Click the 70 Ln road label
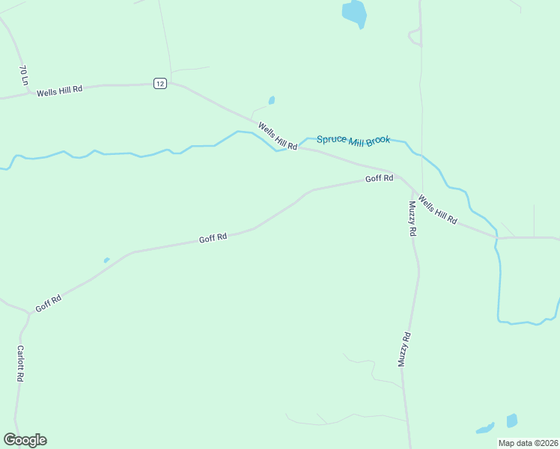[x=24, y=76]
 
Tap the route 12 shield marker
[x=159, y=83]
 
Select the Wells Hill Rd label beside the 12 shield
[x=59, y=90]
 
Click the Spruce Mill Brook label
[x=353, y=140]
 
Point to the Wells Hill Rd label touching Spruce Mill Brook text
[x=278, y=137]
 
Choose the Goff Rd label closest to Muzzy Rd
[x=379, y=179]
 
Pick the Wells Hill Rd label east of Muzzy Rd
[x=437, y=210]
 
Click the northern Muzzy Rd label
[x=412, y=219]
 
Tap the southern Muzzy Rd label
[x=404, y=349]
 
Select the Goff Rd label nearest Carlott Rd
[x=48, y=303]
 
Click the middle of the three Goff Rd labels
[x=213, y=238]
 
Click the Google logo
[x=25, y=440]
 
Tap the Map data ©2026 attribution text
[x=528, y=443]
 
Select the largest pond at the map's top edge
[x=354, y=13]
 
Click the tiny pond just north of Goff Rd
[x=106, y=260]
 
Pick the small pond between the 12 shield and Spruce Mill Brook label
[x=271, y=100]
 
